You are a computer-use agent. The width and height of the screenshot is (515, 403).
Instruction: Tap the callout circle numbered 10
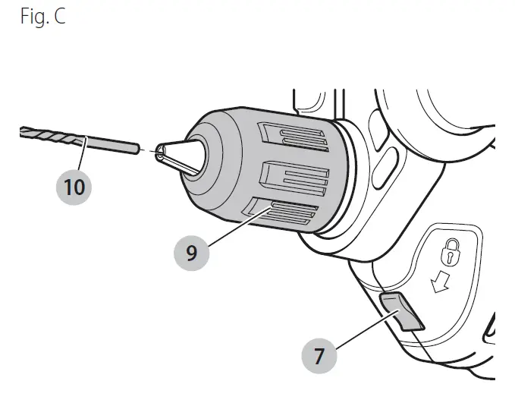coord(74,187)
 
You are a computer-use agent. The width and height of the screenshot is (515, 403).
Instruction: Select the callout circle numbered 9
coord(191,252)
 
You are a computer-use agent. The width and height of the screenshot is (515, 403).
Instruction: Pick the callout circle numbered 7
coord(319,356)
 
